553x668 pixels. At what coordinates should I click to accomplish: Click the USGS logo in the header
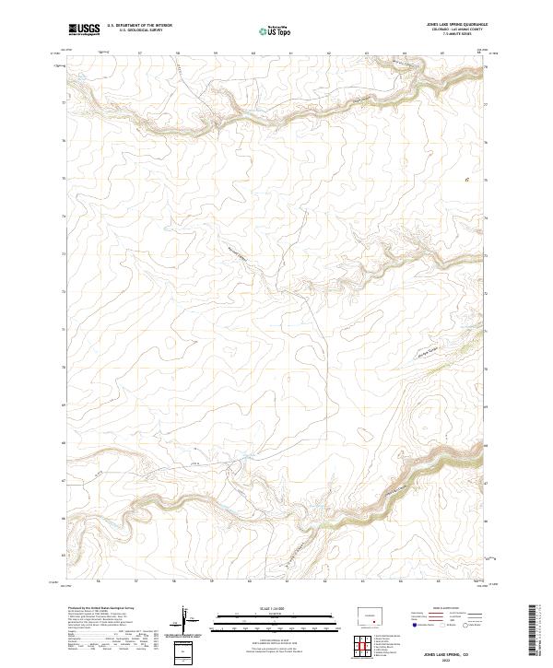84,29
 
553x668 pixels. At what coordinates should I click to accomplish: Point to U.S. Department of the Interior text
139,25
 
